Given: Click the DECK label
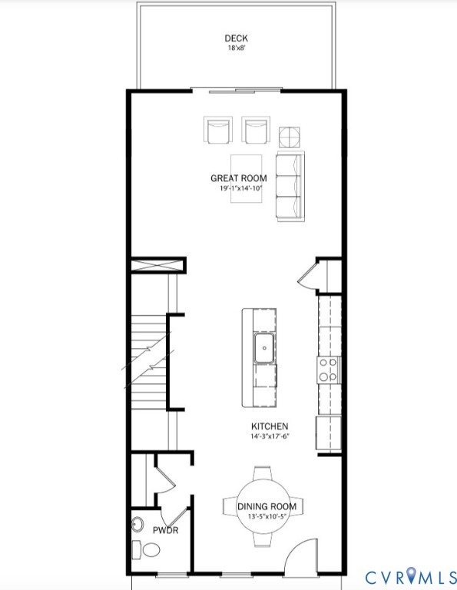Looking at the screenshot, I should tap(236, 38).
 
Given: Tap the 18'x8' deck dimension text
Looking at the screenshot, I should tap(236, 48).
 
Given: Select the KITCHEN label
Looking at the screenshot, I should tap(270, 426).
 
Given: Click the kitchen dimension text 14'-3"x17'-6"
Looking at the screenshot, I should tap(270, 436).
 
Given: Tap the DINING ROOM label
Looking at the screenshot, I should tap(263, 506).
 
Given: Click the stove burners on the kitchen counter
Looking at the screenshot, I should tap(330, 370).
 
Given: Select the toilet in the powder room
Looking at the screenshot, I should tap(147, 550).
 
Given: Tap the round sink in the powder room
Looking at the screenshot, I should tap(137, 525).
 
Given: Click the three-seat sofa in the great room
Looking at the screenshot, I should tap(290, 186).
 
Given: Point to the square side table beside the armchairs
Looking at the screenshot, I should tap(290, 137).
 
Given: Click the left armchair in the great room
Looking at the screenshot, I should tap(217, 130).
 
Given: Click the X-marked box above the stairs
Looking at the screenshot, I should tap(157, 266).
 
